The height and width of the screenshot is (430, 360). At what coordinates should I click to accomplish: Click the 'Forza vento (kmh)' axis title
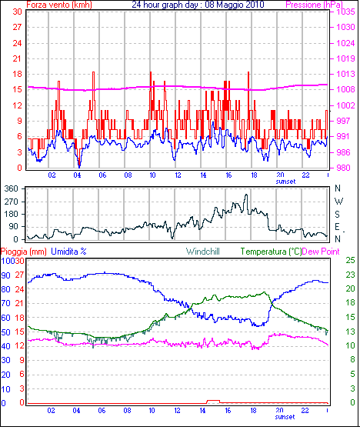click(x=59, y=5)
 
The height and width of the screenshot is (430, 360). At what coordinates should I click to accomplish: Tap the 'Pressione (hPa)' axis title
click(x=314, y=5)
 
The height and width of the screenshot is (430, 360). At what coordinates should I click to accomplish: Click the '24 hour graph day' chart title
click(x=166, y=5)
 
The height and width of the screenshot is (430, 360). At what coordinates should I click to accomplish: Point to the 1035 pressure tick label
click(x=345, y=12)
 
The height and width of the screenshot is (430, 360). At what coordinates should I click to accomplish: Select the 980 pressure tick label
click(x=345, y=168)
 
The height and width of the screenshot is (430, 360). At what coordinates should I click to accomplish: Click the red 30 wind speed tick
click(x=17, y=12)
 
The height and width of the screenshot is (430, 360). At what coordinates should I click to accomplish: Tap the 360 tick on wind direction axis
click(x=12, y=188)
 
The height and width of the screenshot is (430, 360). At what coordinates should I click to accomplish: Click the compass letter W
click(x=338, y=202)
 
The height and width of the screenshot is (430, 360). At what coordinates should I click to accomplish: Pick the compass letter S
click(x=338, y=214)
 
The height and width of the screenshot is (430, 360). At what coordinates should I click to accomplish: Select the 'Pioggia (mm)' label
click(x=24, y=252)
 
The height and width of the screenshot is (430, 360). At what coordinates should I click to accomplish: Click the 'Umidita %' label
click(x=68, y=252)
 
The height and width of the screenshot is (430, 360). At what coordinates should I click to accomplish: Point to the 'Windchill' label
click(x=202, y=252)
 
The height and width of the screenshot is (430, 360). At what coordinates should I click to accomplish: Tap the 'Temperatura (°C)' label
click(x=271, y=252)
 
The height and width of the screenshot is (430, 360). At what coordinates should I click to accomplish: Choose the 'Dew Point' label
click(x=321, y=252)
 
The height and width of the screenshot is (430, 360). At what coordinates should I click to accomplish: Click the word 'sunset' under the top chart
click(x=285, y=182)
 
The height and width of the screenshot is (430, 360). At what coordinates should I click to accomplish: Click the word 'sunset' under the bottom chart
click(x=285, y=417)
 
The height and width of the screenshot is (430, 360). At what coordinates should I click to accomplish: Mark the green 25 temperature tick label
click(x=350, y=260)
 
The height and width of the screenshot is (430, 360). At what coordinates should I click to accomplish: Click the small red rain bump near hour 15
click(x=213, y=402)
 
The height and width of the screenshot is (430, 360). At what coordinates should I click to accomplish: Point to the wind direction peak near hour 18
click(x=246, y=195)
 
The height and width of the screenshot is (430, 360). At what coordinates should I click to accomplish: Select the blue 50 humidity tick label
click(x=5, y=332)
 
